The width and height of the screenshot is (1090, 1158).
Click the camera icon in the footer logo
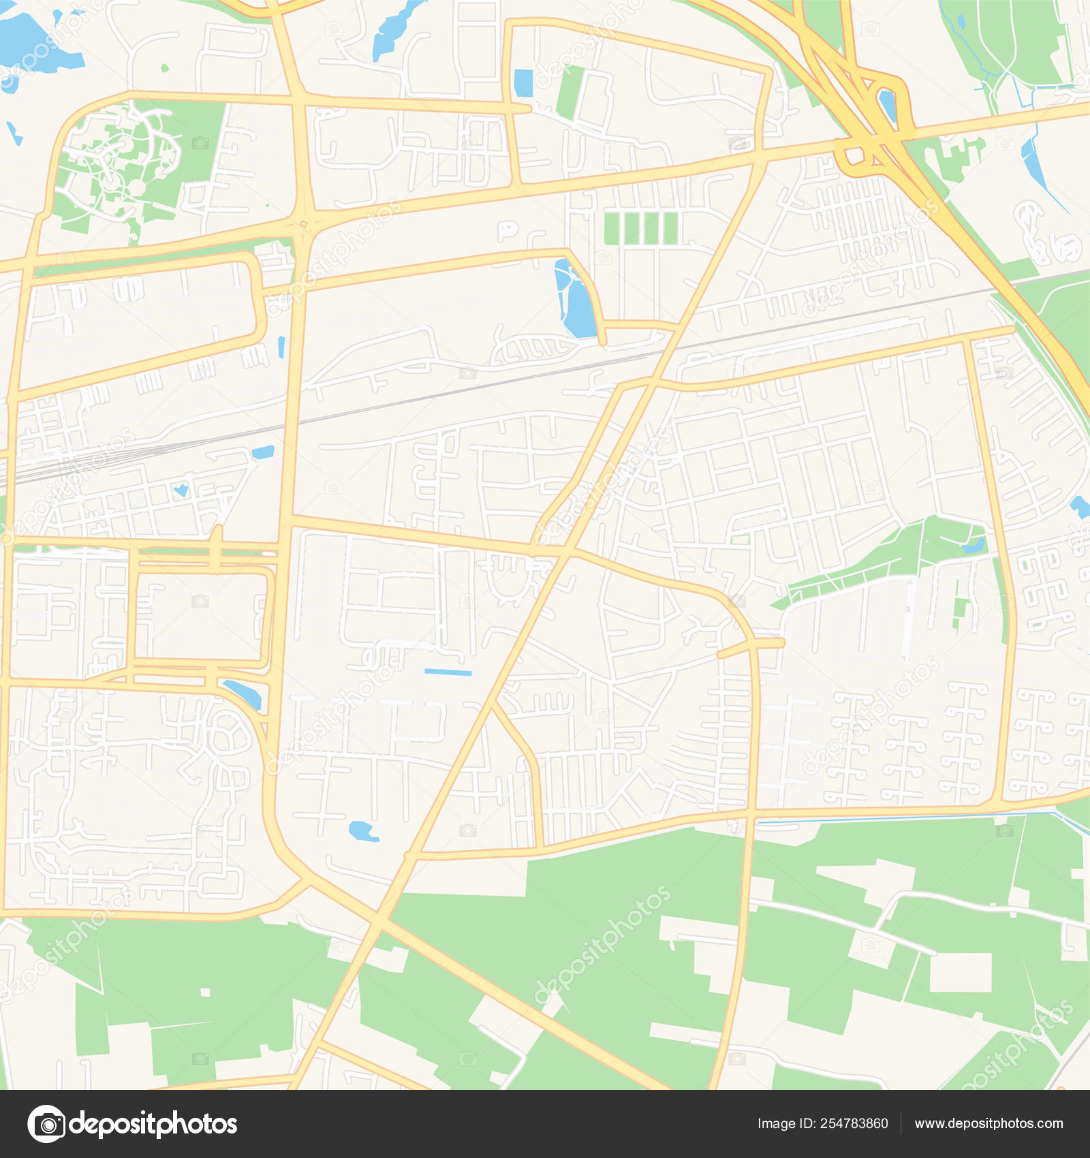(x=47, y=1123)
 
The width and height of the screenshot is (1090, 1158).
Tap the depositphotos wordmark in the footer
(x=154, y=1124)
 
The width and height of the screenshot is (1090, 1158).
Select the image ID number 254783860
(x=854, y=1124)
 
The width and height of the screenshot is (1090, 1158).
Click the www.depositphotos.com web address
(x=988, y=1124)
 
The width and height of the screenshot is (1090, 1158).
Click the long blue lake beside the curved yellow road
(x=576, y=300)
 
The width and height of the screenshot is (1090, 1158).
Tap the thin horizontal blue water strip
(x=448, y=672)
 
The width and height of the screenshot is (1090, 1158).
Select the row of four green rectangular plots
(x=640, y=228)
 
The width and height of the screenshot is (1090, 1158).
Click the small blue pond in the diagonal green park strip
(x=974, y=544)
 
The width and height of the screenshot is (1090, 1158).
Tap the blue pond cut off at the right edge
(x=1080, y=507)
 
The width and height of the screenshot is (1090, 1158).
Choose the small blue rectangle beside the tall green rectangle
(x=523, y=83)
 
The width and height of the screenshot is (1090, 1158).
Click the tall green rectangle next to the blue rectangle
(x=570, y=92)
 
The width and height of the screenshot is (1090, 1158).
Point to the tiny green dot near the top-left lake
(x=164, y=68)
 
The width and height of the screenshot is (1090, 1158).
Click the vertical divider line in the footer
(x=901, y=1124)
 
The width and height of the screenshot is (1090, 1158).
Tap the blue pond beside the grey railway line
(x=263, y=452)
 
